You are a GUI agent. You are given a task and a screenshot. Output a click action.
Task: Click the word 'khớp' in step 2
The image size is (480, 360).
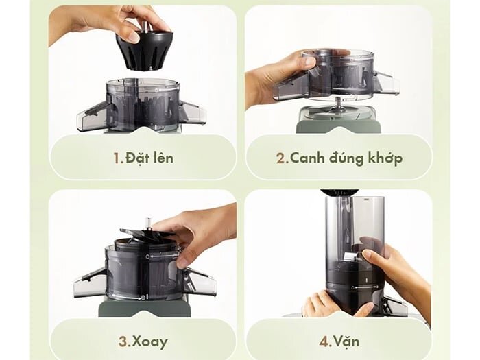[383, 158]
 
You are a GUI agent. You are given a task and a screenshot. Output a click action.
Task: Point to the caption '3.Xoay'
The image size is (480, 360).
[143, 341]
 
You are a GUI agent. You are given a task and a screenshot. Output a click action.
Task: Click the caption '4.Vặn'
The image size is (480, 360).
[339, 341]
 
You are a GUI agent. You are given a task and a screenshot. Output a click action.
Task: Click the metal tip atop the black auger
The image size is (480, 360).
[146, 26]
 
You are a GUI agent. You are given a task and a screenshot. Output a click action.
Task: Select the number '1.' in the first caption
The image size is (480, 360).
[118, 158]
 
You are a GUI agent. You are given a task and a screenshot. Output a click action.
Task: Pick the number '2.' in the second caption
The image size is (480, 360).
[282, 158]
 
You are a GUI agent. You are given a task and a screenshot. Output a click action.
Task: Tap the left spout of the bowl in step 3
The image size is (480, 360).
[90, 281]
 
